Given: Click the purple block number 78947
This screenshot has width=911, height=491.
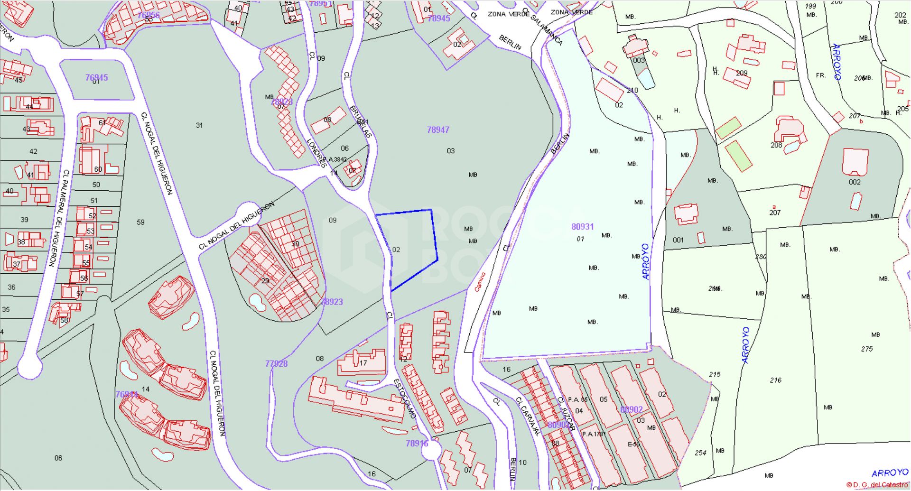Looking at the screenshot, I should [x=437, y=130].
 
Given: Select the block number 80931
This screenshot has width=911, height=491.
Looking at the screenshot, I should [x=582, y=227].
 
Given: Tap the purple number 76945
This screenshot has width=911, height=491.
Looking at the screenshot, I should [x=96, y=77].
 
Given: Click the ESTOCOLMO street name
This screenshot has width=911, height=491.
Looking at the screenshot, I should [x=405, y=398].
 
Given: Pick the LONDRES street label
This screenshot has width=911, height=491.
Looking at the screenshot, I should [x=316, y=153].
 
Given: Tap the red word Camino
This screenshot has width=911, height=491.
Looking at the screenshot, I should [x=480, y=282].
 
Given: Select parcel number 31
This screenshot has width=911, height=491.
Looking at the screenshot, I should [x=199, y=125].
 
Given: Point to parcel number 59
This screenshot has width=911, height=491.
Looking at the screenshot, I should [x=140, y=222].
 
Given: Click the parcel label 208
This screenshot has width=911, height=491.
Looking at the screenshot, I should [x=776, y=145].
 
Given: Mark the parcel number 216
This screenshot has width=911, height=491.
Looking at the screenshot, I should [x=775, y=380].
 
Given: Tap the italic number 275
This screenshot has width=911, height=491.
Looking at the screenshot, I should [x=866, y=349].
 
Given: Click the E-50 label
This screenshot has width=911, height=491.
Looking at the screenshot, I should [x=633, y=444].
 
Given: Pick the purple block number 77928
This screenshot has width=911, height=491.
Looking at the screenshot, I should [x=276, y=363].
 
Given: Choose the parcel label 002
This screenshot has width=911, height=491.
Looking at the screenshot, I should [x=854, y=182].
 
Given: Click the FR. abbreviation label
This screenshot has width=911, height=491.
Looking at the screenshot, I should [x=820, y=75].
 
